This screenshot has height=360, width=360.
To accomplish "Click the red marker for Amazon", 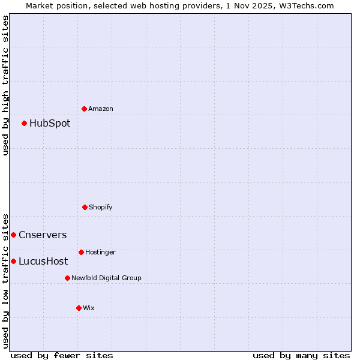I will click(x=85, y=109).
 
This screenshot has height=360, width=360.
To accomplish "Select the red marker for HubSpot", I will click(x=25, y=124).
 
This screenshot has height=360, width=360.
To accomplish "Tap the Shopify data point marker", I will click(x=85, y=207).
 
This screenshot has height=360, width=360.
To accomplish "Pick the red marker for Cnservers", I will click(x=14, y=235).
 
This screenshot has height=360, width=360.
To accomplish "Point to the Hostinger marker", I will click(x=81, y=252).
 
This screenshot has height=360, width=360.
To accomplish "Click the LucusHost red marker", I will click(x=14, y=261).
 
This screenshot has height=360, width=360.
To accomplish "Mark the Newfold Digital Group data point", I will click(x=67, y=278).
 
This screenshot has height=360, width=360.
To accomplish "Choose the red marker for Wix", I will click(x=79, y=308).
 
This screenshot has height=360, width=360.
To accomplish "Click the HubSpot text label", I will click(x=50, y=124).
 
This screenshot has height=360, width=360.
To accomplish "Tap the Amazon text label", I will click(x=101, y=109).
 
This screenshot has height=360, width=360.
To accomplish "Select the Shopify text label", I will click(x=101, y=207).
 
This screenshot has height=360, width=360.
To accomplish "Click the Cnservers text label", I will click(x=43, y=235).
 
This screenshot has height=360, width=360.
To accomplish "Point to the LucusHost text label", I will click(x=43, y=262).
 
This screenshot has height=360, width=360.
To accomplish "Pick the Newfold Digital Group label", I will click(x=106, y=278).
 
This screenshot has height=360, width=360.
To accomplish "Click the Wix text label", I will click(x=89, y=308).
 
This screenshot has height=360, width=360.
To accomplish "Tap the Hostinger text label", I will click(x=100, y=252).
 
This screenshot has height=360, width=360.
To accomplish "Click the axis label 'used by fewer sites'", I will click(x=62, y=355).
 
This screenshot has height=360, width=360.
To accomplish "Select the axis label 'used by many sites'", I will click(x=301, y=355).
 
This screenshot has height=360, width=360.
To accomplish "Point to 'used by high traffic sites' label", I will click(x=5, y=85).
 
